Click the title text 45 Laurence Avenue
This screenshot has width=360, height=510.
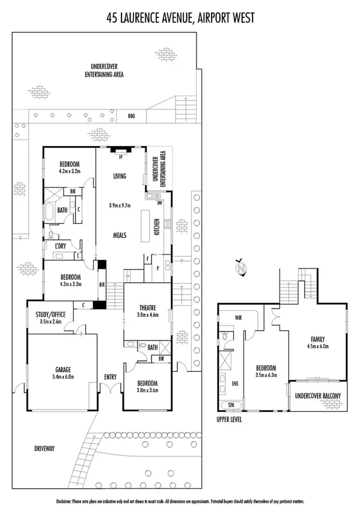(x=150, y=18)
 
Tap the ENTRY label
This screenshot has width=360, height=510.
(x=110, y=377)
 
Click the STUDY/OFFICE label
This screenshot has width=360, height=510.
(x=51, y=313)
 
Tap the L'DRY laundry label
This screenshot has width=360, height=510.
(x=60, y=246)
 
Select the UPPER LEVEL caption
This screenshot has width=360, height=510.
(x=230, y=419)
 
